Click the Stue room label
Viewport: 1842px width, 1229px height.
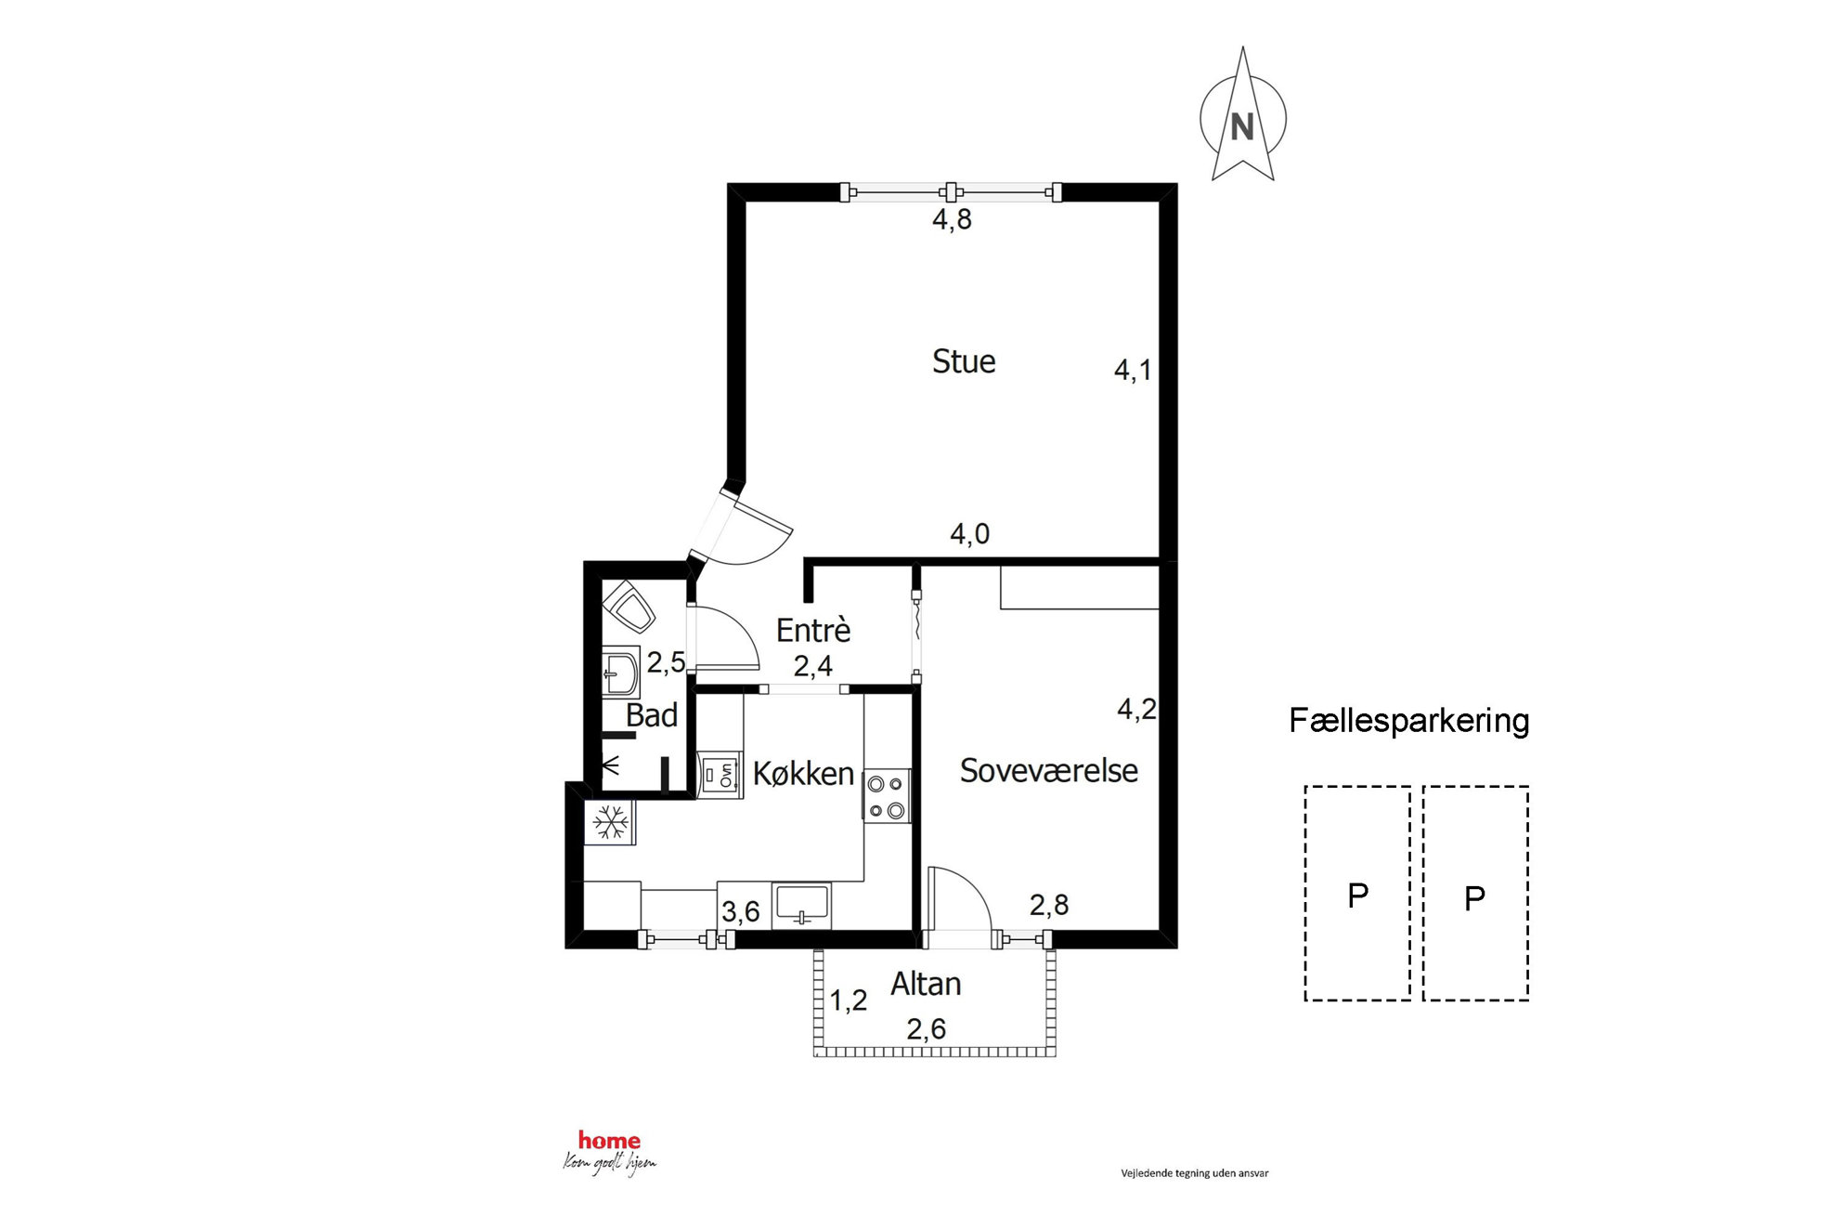(x=964, y=361)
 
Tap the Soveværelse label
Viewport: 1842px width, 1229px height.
(x=1048, y=771)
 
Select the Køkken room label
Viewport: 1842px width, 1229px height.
(x=803, y=773)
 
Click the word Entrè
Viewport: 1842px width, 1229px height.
(x=813, y=630)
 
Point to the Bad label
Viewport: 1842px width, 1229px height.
(x=652, y=715)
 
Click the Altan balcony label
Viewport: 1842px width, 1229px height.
(x=926, y=984)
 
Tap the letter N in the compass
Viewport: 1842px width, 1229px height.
(x=1242, y=126)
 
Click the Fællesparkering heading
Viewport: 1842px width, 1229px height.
(x=1409, y=721)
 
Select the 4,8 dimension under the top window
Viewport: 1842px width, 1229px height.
(x=952, y=219)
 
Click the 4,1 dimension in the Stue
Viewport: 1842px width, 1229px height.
(x=1133, y=370)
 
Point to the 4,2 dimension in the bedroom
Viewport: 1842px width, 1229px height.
(x=1136, y=709)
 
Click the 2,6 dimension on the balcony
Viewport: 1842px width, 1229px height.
(x=927, y=1028)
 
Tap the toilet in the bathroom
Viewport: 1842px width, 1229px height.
(x=629, y=607)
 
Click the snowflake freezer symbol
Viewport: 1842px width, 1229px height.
(x=610, y=822)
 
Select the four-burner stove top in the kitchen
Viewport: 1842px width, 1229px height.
(x=887, y=797)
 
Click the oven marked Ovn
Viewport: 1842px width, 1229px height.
(x=720, y=775)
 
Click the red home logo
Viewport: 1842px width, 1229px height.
(x=609, y=1141)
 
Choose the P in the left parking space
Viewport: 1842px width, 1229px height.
(x=1357, y=896)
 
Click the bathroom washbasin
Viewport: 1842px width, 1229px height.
(x=621, y=671)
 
